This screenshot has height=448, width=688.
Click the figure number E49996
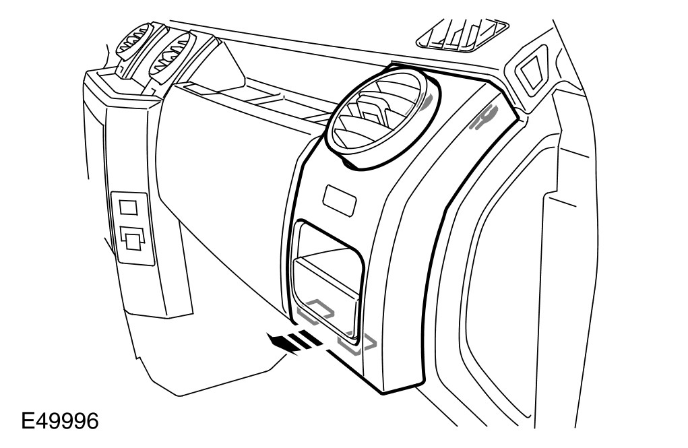coord(60,422)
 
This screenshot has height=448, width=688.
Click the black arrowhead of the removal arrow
coord(278,341)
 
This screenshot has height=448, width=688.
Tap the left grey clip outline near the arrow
coord(316,309)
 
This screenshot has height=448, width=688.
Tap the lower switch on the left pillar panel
coord(131,238)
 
